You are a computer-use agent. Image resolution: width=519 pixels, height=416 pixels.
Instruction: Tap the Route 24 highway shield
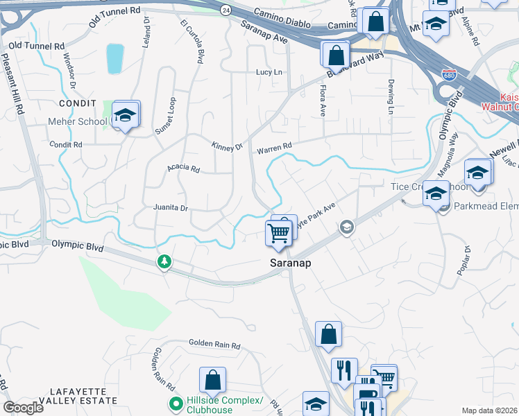[226, 10]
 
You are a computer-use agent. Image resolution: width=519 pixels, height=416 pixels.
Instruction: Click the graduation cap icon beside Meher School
[125, 115]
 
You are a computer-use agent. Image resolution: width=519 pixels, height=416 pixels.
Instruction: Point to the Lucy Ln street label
[270, 72]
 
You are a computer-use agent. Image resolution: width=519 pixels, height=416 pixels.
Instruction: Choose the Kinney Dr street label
[227, 146]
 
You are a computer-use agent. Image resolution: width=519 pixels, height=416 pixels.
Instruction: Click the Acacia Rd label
[183, 168]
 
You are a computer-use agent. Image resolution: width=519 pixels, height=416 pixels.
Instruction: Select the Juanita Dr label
[171, 207]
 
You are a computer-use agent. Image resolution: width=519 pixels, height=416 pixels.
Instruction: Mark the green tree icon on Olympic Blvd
[164, 262]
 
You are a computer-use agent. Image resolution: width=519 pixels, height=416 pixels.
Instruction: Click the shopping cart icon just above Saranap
[278, 234]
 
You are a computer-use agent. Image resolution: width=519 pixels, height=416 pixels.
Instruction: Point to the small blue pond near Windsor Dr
[115, 59]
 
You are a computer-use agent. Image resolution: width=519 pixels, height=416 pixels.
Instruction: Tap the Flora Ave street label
[322, 101]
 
